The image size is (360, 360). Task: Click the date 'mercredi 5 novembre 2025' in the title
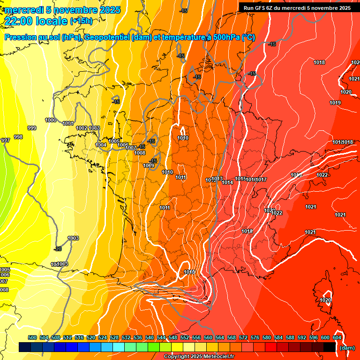63,10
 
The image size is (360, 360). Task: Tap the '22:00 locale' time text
36,21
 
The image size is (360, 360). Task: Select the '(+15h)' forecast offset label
81,21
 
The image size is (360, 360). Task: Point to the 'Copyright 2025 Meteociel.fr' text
199,356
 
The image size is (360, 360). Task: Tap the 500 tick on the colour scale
32,337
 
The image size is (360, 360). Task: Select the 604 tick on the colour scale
337,337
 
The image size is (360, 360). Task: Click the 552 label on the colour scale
185,337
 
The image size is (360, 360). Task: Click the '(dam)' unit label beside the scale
347,348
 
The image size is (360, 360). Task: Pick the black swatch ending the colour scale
330,347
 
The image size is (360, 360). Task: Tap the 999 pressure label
32,128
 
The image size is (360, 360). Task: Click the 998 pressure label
18,137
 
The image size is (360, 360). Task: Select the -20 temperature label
58,249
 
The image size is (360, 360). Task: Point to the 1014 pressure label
228,182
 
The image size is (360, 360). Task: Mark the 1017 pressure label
262,180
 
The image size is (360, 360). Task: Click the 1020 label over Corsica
326,300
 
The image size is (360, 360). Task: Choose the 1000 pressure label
51,120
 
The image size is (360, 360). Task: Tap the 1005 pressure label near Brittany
114,141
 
